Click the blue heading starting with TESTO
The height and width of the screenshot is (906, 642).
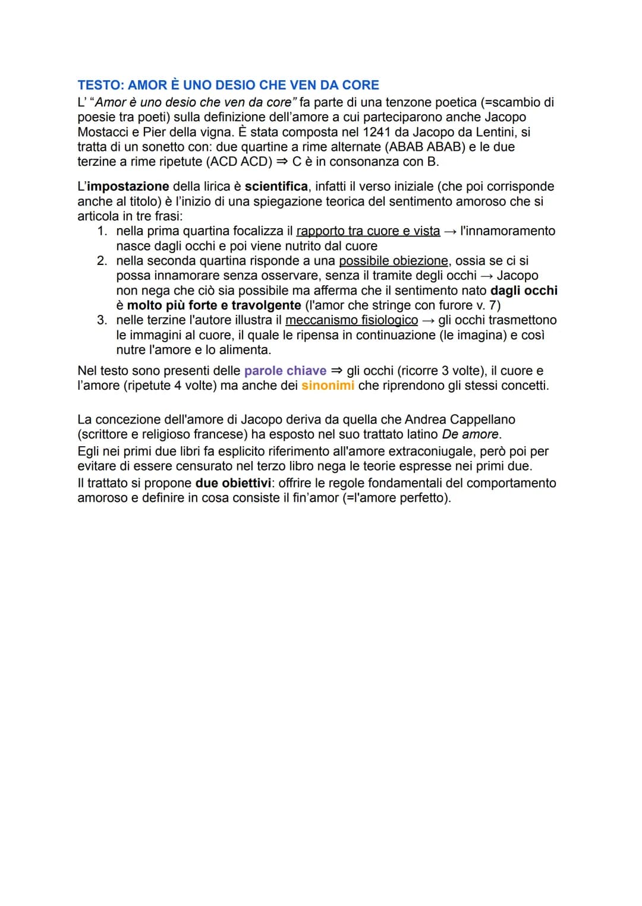tap(228, 85)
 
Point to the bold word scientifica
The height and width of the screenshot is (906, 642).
tap(276, 187)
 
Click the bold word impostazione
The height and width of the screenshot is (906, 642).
tap(128, 187)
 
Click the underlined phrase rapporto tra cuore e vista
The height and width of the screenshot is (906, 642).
tap(368, 231)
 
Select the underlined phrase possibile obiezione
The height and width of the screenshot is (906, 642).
tap(394, 261)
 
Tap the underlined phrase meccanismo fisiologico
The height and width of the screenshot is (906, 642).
tap(351, 320)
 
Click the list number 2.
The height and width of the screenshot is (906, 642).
tap(102, 261)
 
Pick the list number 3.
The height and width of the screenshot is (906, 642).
tap(102, 320)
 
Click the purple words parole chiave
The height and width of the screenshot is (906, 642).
tap(285, 371)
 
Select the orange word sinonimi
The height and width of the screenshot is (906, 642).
tap(328, 386)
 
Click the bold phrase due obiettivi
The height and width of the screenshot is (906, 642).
tap(233, 483)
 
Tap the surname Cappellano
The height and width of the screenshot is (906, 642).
tap(482, 419)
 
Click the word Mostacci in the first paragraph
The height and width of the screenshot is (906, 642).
tap(105, 132)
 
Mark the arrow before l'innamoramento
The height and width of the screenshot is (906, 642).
tap(451, 231)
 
